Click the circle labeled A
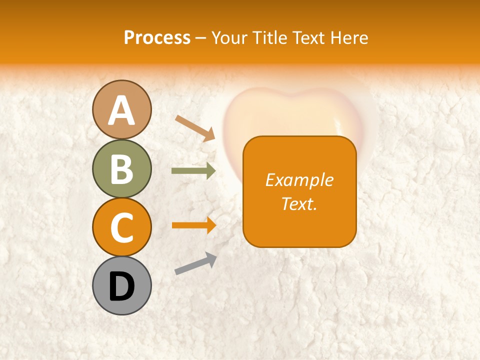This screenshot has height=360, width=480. click(121, 109)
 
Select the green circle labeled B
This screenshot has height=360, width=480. click(121, 168)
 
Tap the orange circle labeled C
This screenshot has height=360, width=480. click(121, 227)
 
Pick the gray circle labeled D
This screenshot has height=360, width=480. click(121, 285)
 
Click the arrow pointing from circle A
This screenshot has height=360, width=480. click(195, 128)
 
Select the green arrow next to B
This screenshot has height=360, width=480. click(193, 171)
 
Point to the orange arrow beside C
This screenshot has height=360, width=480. click(193, 225)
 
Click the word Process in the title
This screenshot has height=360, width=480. click(157, 37)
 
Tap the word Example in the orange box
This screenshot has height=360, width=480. click(299, 180)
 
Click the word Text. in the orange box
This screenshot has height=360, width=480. click(299, 203)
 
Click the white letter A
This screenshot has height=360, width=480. click(121, 110)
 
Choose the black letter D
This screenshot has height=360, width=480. click(121, 286)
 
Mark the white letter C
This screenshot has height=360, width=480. click(121, 228)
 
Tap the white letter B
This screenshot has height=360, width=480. click(121, 169)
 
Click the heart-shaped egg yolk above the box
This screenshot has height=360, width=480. click(295, 115)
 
